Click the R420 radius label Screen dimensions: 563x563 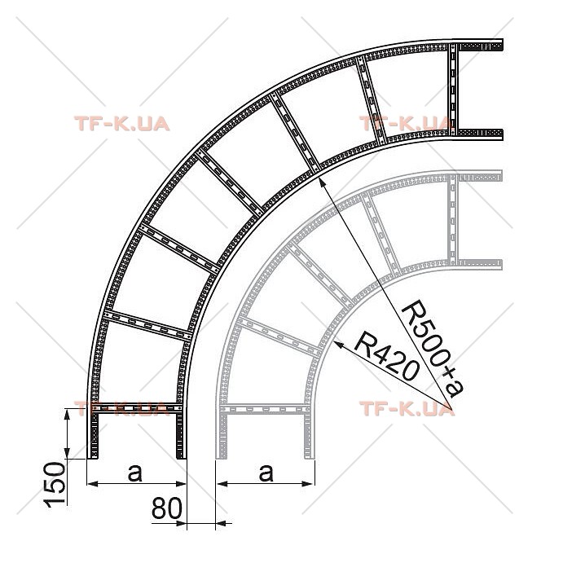tap(386, 356)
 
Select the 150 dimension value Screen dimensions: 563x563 tap(55, 484)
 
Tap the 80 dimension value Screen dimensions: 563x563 tap(166, 508)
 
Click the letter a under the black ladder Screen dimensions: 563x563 tap(135, 473)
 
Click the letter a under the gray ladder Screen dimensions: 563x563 tap(266, 473)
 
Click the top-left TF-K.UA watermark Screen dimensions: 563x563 tap(121, 124)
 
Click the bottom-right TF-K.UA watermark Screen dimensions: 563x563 tap(407, 409)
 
